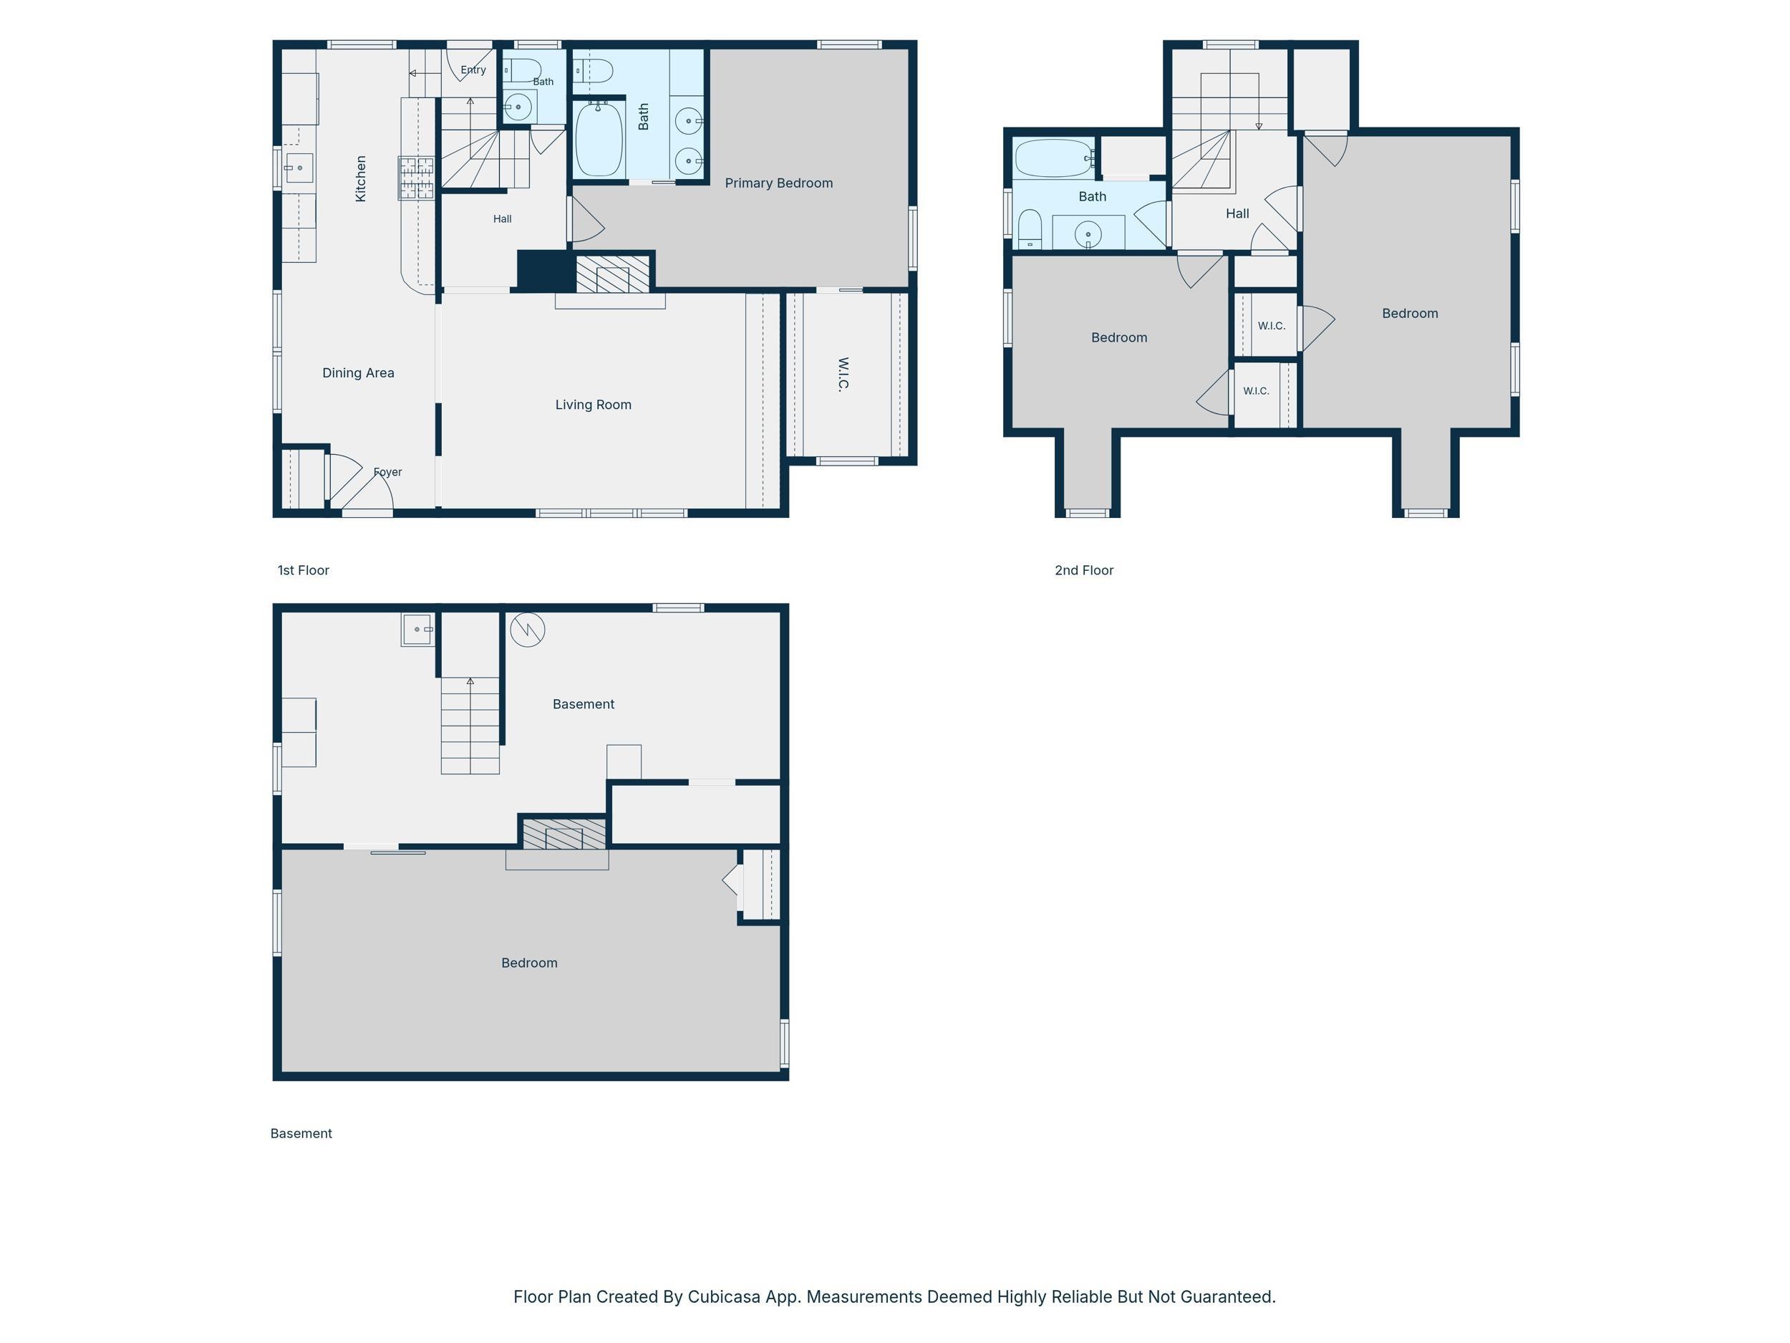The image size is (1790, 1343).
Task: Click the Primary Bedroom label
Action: (778, 183)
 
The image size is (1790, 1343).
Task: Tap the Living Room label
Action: (593, 405)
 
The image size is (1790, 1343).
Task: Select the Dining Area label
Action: (359, 373)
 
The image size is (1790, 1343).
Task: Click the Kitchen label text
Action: (361, 179)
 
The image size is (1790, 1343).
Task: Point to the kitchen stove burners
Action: (416, 178)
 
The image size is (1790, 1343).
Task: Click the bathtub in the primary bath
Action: (599, 138)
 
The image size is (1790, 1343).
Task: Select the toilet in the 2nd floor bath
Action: (1030, 229)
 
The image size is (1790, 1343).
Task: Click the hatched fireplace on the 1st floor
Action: (613, 274)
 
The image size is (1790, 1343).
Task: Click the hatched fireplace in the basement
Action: (564, 834)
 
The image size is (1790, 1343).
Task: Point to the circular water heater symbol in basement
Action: (528, 629)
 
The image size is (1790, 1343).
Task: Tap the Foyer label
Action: (387, 472)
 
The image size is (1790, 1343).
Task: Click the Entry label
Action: (473, 69)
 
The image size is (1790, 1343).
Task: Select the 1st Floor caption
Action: (304, 571)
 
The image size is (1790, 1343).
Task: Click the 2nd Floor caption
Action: (1084, 571)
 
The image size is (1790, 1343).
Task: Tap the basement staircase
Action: (470, 726)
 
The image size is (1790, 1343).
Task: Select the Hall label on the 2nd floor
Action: (1237, 213)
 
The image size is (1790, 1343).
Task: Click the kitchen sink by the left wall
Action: (299, 168)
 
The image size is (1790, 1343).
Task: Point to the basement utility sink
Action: (417, 629)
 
